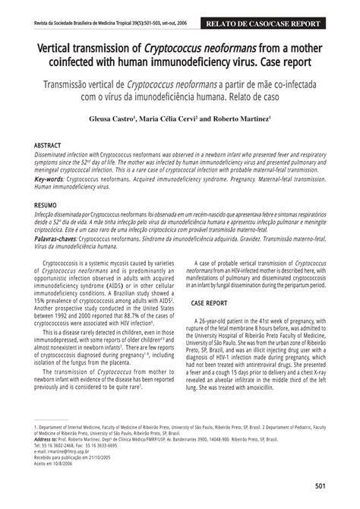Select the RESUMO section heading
[48, 206]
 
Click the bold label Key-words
[49, 179]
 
